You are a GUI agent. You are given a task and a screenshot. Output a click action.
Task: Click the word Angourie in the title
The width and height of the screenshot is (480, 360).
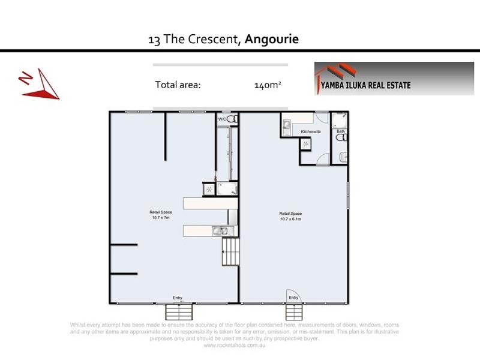272,40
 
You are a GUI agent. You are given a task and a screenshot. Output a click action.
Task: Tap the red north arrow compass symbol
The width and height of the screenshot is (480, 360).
40,84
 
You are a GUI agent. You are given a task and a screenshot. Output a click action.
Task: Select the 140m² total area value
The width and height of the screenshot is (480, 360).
268,85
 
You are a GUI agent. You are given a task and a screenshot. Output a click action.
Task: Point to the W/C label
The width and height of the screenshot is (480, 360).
222,119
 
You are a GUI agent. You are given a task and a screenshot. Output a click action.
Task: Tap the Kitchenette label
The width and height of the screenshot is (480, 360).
311,131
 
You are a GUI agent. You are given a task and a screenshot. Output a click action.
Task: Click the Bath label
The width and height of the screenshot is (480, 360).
341,131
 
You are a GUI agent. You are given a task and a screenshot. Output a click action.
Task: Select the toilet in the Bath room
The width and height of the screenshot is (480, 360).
341,137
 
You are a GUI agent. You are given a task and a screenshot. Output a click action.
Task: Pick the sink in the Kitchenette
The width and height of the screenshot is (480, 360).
287,126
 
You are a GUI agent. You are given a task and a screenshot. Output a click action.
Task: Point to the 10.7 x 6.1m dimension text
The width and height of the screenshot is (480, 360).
290,218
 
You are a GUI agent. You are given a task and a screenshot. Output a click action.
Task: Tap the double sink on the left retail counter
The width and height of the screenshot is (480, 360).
220,230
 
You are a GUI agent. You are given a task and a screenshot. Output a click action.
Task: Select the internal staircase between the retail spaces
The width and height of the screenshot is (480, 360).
230,252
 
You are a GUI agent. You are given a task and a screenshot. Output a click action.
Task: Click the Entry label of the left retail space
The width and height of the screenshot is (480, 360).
178,298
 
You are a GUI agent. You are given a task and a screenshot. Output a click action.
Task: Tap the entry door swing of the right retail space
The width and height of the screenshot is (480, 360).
293,295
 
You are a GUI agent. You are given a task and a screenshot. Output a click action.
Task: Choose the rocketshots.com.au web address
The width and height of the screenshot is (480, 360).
235,345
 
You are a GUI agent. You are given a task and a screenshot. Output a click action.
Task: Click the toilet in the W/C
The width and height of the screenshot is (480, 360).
231,119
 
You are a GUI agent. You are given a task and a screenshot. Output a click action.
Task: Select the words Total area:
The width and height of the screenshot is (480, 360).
178,85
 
